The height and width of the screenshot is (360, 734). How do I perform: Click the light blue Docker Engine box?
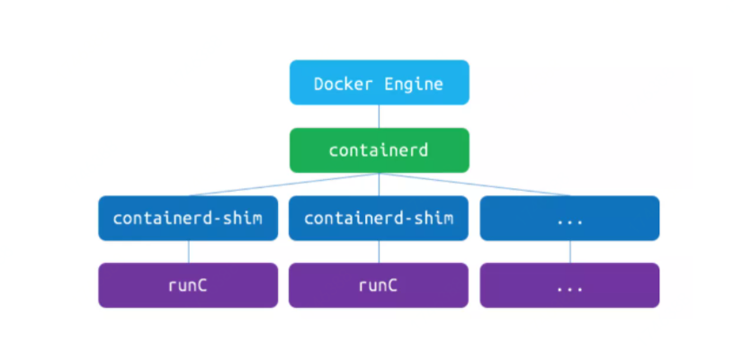(380, 83)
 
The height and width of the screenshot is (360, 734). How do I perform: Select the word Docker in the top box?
(337, 84)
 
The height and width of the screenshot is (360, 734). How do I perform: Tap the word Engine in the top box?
(414, 85)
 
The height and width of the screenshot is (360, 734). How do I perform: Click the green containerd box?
(380, 150)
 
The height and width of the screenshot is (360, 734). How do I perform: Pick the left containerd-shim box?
(188, 218)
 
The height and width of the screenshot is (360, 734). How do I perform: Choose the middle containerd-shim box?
(379, 218)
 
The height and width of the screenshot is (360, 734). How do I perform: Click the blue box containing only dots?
(569, 218)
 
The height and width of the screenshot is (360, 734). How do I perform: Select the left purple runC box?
(188, 285)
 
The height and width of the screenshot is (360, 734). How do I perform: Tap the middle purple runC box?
(379, 285)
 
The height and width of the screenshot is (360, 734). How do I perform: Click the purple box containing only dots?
(569, 285)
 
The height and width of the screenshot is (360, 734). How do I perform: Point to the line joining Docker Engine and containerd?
(379, 116)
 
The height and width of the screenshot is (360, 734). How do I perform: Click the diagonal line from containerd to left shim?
(283, 184)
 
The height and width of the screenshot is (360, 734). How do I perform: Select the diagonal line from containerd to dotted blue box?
(475, 184)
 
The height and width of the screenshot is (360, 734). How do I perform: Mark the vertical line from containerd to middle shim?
(379, 184)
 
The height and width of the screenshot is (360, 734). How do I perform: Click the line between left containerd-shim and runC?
(188, 252)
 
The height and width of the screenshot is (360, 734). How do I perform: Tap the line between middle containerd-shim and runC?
(379, 252)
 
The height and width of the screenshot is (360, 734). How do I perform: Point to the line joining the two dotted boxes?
(569, 252)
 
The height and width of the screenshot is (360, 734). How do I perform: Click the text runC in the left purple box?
(188, 285)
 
